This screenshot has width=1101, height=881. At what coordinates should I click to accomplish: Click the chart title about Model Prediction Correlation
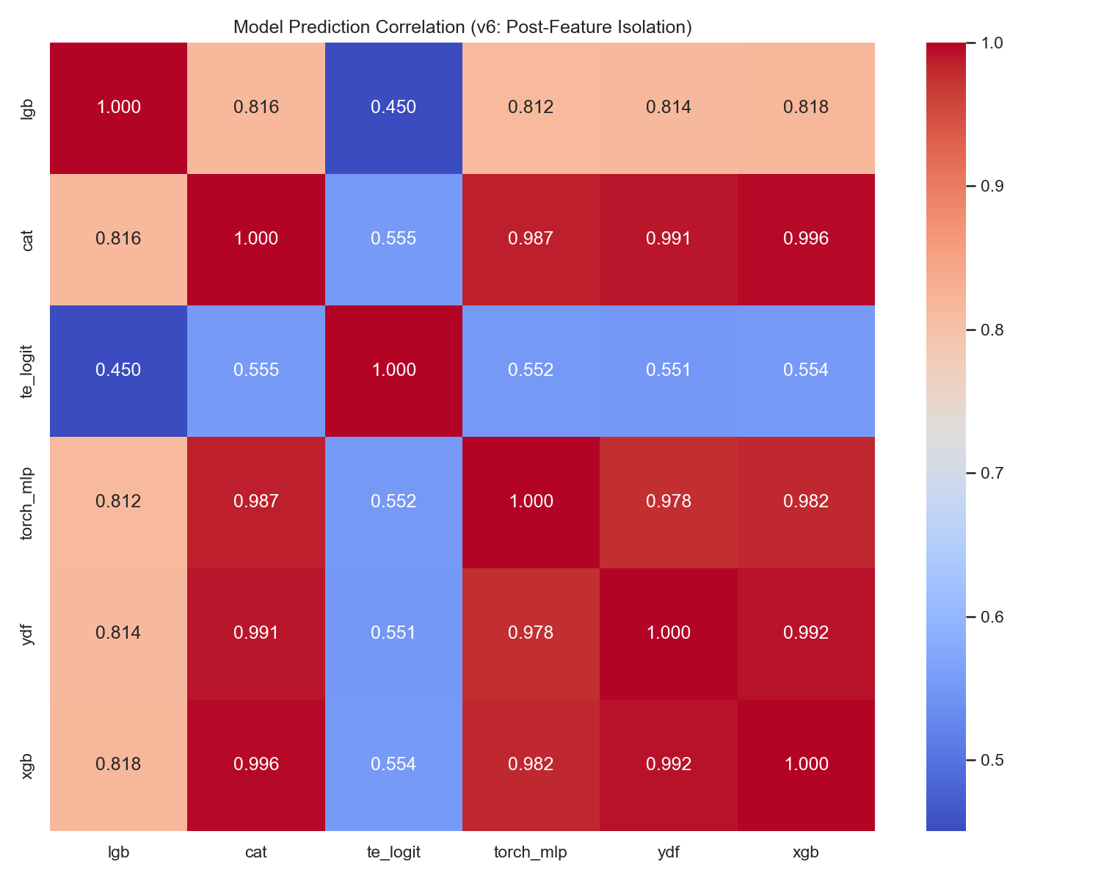click(x=462, y=26)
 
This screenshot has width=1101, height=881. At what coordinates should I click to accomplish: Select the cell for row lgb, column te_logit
click(x=393, y=108)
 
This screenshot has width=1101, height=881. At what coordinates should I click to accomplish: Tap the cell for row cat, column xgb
click(x=806, y=239)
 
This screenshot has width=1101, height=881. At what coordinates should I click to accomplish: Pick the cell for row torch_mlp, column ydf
click(x=668, y=502)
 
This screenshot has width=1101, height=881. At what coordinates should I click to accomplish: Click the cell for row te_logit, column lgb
click(x=118, y=371)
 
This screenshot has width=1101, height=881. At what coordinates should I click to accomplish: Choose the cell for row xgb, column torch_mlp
click(x=531, y=765)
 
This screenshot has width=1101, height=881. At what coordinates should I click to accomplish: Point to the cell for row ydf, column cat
click(x=256, y=634)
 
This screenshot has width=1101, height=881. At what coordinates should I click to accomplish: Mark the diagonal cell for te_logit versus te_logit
click(x=393, y=371)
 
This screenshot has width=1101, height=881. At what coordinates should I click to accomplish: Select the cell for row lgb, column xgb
click(x=806, y=108)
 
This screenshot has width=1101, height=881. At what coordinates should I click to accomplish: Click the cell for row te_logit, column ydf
click(x=668, y=371)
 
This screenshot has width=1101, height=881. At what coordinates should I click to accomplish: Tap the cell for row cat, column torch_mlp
click(x=531, y=239)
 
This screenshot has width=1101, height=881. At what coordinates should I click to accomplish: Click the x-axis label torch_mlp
click(x=531, y=853)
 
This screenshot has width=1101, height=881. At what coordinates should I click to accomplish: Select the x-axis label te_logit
click(x=393, y=852)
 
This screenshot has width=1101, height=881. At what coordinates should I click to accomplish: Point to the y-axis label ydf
click(x=26, y=634)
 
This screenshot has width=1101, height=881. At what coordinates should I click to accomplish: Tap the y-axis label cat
click(x=26, y=240)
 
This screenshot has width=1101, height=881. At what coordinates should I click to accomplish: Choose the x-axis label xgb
click(x=806, y=853)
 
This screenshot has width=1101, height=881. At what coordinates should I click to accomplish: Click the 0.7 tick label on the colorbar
click(x=992, y=473)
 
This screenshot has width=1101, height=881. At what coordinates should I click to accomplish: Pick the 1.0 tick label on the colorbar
click(x=992, y=43)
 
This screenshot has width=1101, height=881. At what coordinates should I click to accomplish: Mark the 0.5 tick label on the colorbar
click(x=992, y=760)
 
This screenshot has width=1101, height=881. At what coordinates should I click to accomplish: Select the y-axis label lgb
click(x=26, y=109)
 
